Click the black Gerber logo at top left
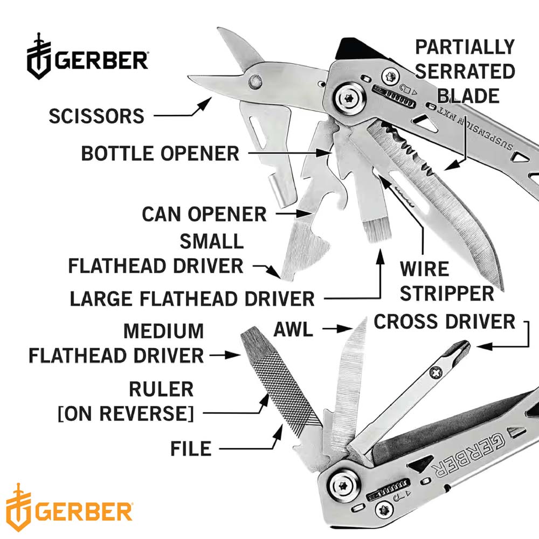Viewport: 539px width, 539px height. click(x=88, y=57)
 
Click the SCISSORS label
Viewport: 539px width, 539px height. click(x=96, y=116)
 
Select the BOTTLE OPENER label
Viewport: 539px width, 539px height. click(x=160, y=153)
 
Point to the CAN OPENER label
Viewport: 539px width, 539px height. click(x=204, y=214)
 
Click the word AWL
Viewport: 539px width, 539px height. click(x=293, y=329)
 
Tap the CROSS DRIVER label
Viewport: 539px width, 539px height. click(x=445, y=322)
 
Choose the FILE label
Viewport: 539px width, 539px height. click(x=191, y=448)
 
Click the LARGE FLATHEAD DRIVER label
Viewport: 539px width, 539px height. click(x=192, y=299)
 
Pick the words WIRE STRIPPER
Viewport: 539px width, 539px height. click(x=446, y=281)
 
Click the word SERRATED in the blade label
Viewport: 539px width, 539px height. click(x=465, y=72)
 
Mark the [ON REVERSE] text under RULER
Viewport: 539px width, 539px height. click(x=126, y=413)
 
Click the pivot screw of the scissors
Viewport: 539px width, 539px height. click(x=255, y=81)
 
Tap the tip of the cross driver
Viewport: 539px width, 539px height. click(x=467, y=344)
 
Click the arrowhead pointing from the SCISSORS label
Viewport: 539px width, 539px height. click(x=205, y=102)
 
